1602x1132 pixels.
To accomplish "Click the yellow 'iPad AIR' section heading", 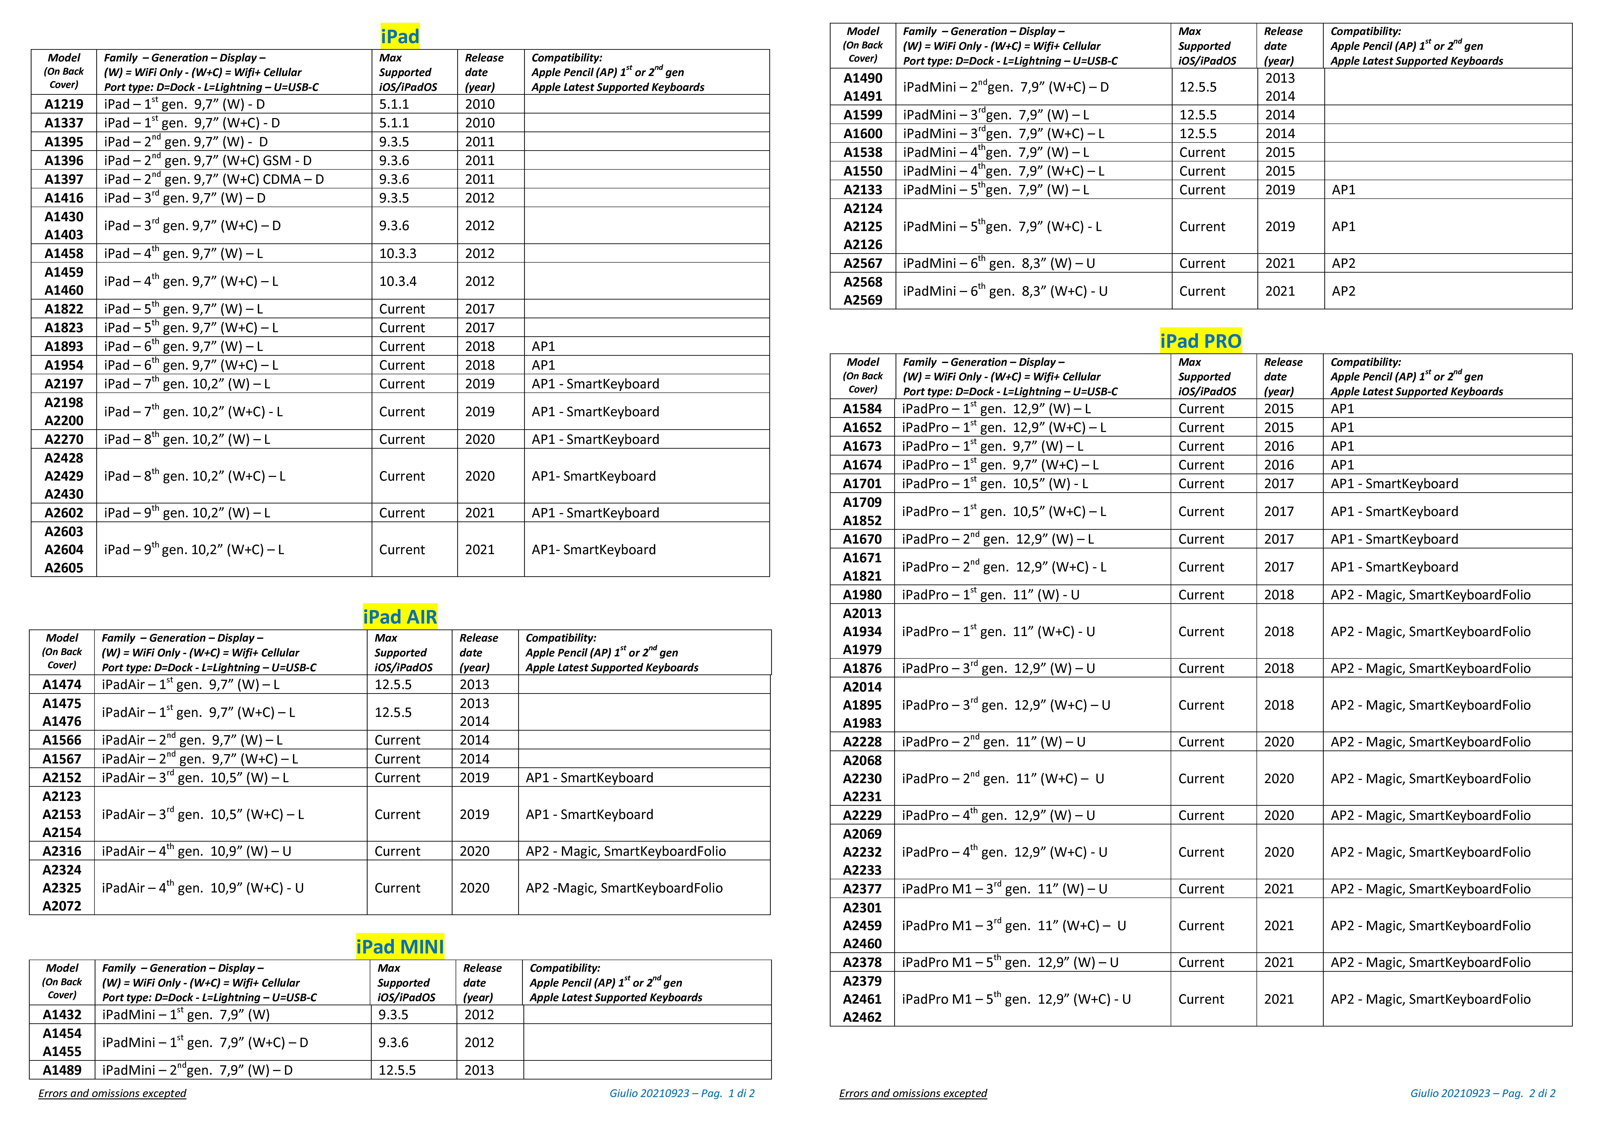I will (x=400, y=617).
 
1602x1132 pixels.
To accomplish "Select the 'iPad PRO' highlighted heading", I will (x=1200, y=341).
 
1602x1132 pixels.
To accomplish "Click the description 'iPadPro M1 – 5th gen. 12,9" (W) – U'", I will (x=1010, y=962).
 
